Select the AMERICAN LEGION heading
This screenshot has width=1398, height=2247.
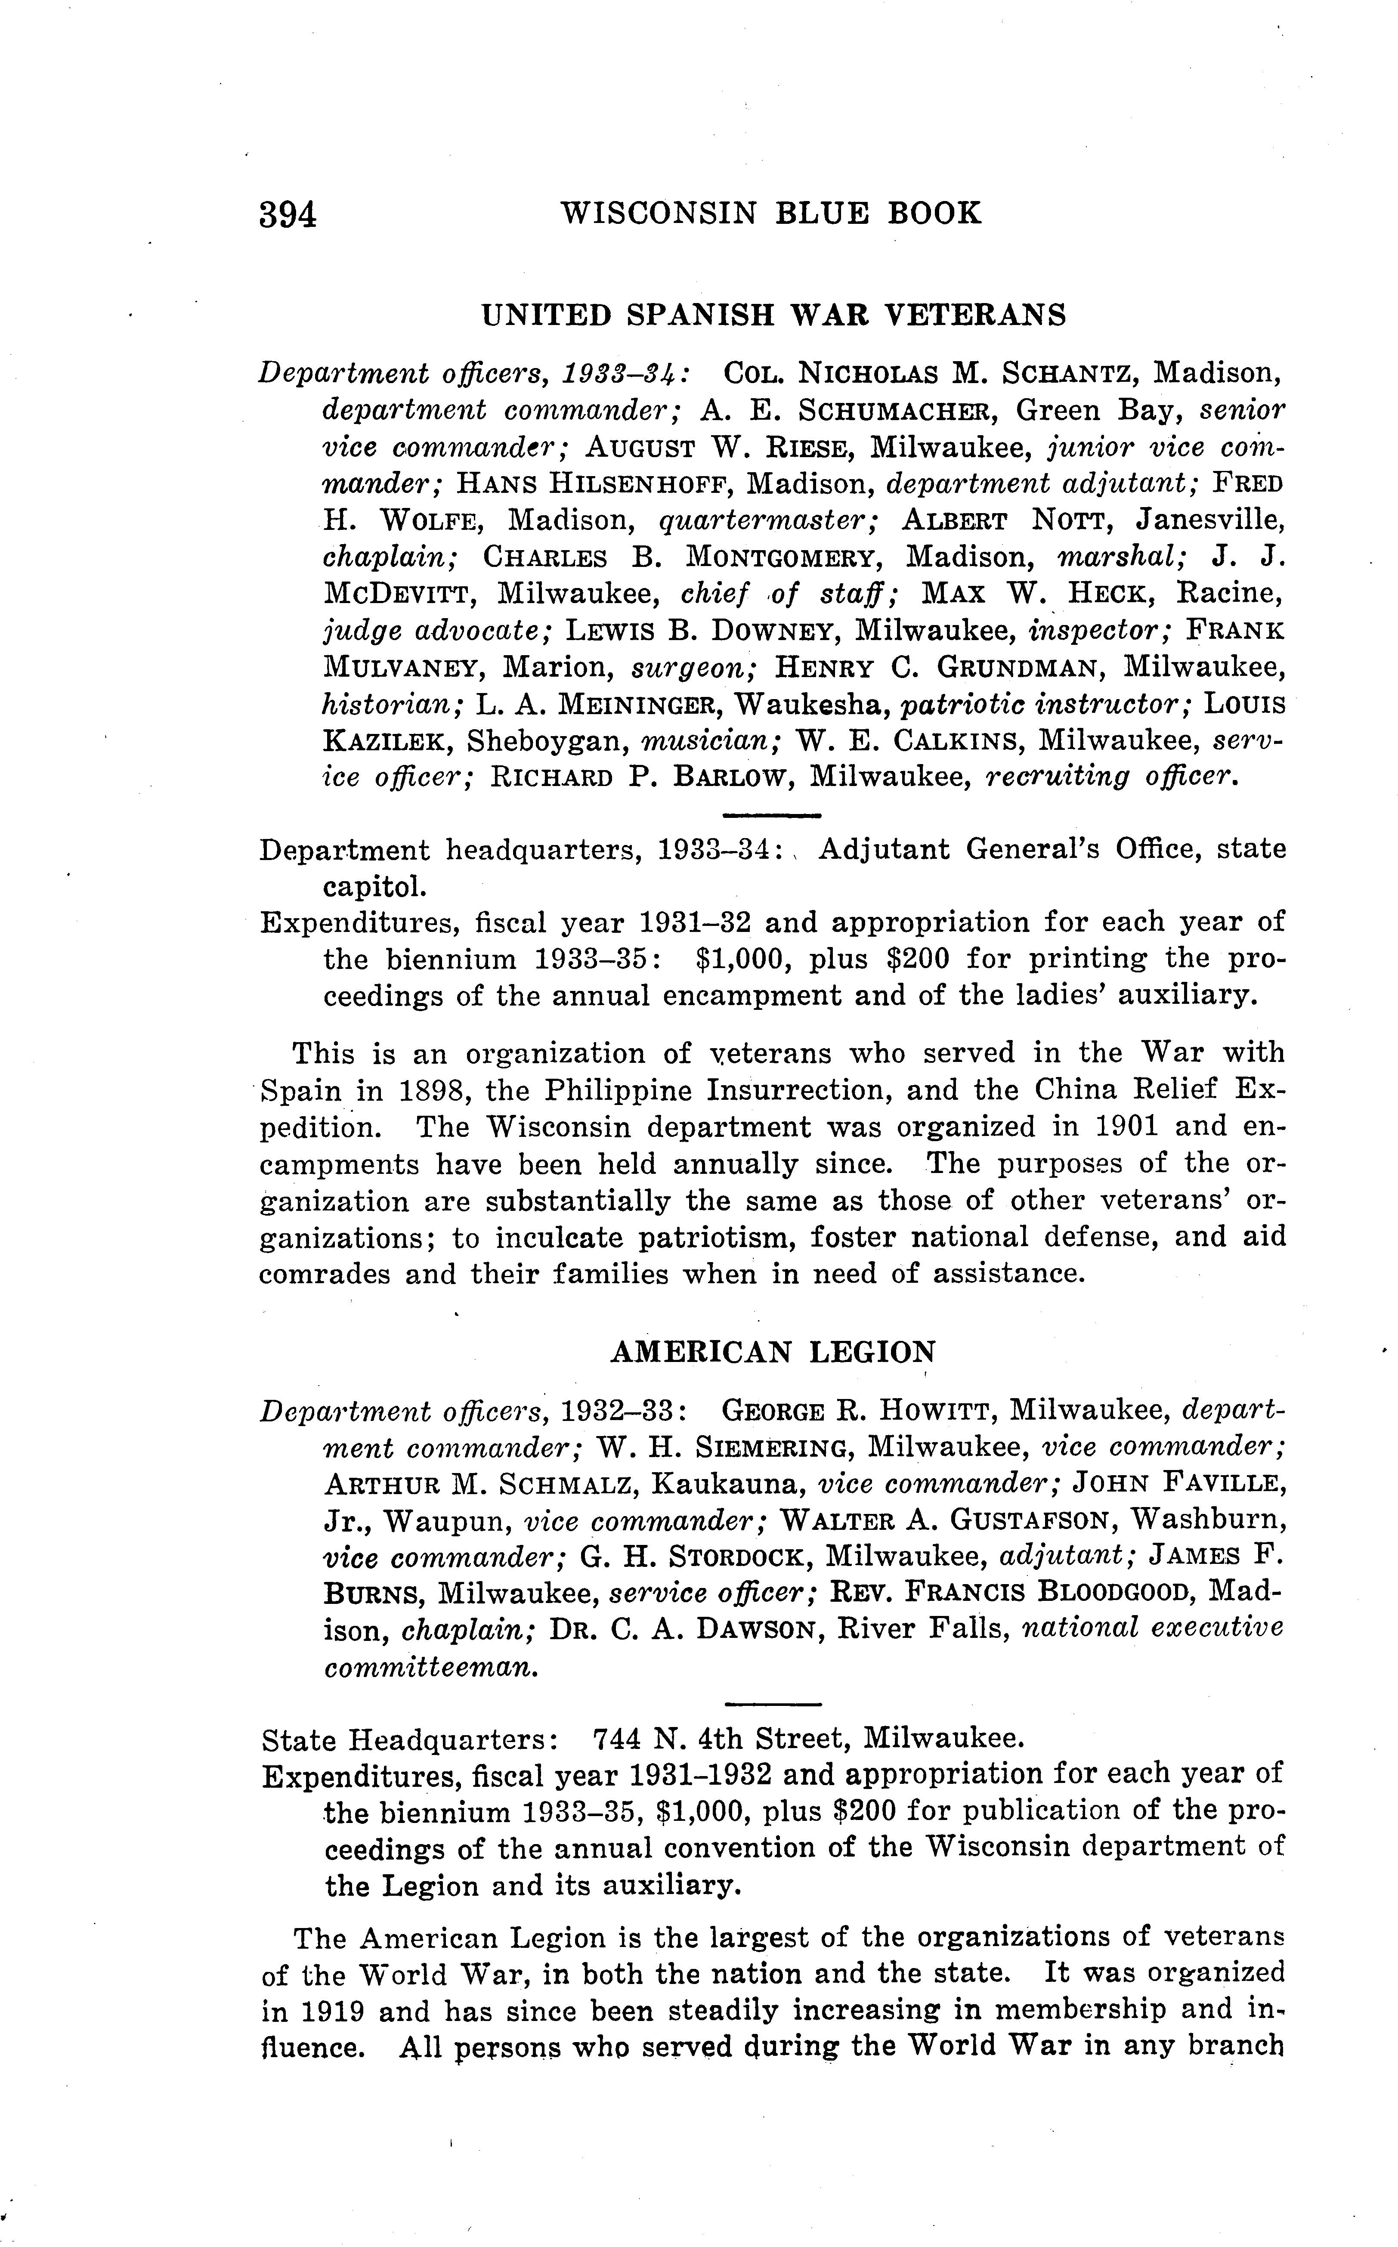(773, 1353)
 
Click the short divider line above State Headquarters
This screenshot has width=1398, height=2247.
(773, 1704)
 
